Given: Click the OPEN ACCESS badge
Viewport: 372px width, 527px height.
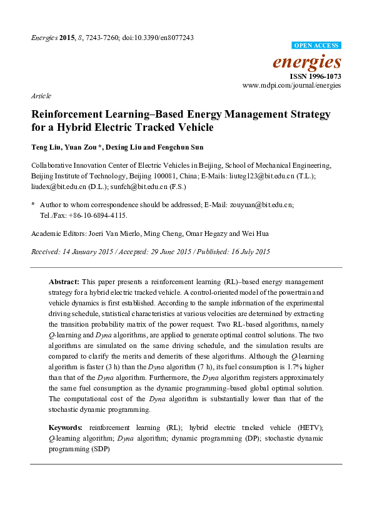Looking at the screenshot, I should (x=317, y=46).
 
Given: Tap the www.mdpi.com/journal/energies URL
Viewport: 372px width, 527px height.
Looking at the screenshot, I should (x=291, y=84).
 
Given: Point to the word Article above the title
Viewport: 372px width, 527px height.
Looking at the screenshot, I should (x=41, y=96).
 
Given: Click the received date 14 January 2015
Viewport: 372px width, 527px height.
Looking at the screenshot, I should (x=87, y=252).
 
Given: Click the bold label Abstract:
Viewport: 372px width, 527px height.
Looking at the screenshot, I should (x=65, y=282).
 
